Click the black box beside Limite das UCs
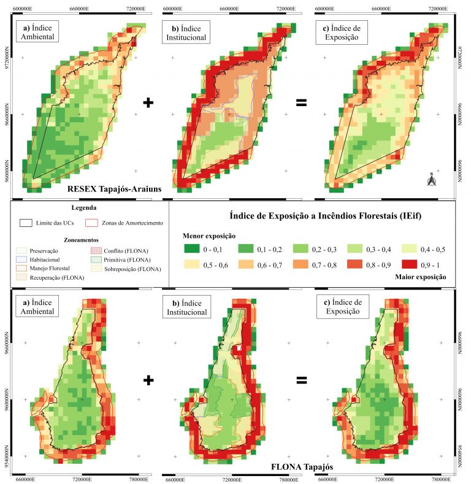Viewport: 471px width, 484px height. pyautogui.click(x=26, y=223)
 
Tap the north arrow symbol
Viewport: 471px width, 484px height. pyautogui.click(x=432, y=180)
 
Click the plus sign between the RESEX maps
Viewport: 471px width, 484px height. pyautogui.click(x=147, y=102)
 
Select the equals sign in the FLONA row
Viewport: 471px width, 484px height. pyautogui.click(x=301, y=380)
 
